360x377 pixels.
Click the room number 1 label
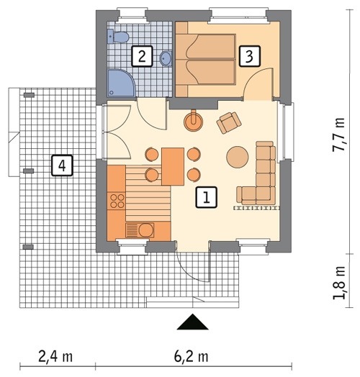pos(206,197)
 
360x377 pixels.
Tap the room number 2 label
pos(142,56)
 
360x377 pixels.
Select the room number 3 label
pos(250,56)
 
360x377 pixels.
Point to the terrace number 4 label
pos(62,165)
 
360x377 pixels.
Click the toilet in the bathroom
pos(118,37)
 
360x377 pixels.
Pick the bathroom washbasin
pos(166,58)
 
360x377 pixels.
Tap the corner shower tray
pos(120,83)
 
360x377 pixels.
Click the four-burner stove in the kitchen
pos(116,201)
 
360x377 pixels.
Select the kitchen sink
pos(140,230)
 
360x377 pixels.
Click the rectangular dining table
pos(173,167)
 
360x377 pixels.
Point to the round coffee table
pos(238,157)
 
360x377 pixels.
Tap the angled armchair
pos(229,122)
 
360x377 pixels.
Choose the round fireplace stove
pos(193,121)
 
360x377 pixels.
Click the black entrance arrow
pos(192,322)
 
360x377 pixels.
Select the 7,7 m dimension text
pos(338,135)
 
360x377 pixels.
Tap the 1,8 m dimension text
pos(338,283)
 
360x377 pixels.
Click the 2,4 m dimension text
pos(55,357)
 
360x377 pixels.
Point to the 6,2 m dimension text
pos(191,357)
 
